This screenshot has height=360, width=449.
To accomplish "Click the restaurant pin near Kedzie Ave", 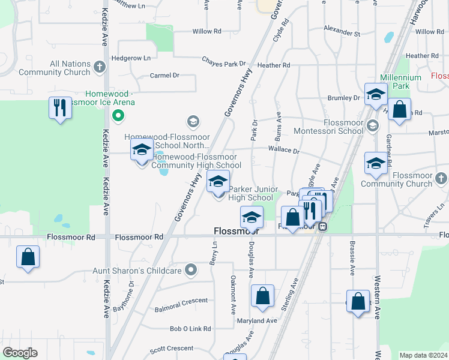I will tap(60, 109).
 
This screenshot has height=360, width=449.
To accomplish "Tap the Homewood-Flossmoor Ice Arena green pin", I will tap(118, 116).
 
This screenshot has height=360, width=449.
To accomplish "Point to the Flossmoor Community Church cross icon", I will tap(441, 178).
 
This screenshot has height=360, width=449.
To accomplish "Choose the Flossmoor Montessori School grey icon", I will tap(373, 125).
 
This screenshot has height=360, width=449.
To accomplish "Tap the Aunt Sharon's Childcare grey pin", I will tap(191, 270).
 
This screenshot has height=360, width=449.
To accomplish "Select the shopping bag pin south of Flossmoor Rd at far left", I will tap(28, 257).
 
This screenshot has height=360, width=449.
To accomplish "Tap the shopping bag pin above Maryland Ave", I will tap(262, 296).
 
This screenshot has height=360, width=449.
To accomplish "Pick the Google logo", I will tap(19, 353).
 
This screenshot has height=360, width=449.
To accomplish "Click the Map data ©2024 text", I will tap(423, 355).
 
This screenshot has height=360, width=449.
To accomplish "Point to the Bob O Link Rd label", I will tap(190, 329).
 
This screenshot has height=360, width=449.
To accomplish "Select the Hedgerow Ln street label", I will tap(131, 59).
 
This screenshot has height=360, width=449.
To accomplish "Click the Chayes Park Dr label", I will tap(224, 64).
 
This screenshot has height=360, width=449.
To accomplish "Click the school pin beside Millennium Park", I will tap(376, 95).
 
